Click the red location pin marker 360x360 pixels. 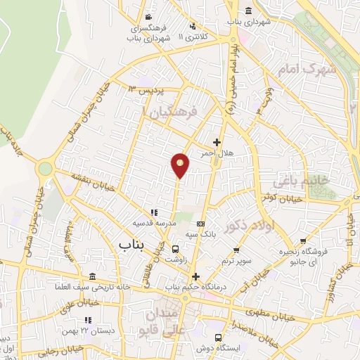(180, 165)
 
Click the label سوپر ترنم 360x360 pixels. (236, 260)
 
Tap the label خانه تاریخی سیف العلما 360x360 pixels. (94, 287)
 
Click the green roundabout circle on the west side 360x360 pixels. (46, 169)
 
